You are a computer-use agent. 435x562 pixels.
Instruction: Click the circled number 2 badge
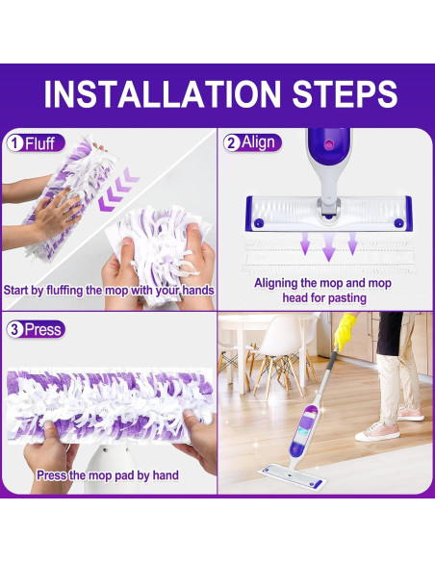point(232,142)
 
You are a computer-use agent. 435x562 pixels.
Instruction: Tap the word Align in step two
point(259,142)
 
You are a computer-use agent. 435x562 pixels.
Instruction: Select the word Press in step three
point(43,329)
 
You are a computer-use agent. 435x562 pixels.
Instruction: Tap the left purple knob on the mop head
point(257,222)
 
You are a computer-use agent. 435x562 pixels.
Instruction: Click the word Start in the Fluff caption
point(19,290)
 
